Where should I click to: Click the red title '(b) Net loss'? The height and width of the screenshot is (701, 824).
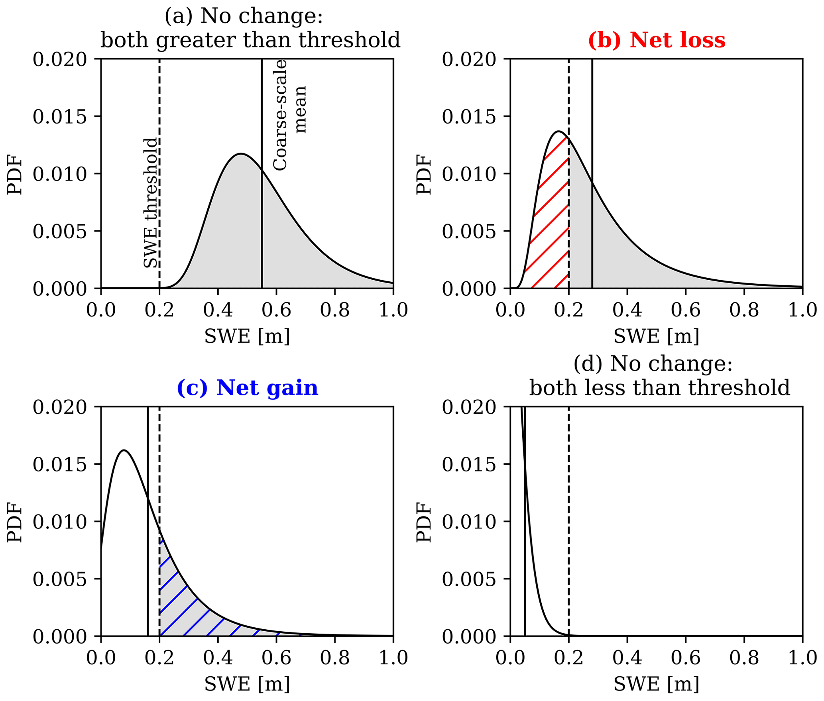(x=656, y=40)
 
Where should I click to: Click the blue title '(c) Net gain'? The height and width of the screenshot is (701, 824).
(x=247, y=388)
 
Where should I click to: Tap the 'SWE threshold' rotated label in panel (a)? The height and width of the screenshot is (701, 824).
(x=151, y=203)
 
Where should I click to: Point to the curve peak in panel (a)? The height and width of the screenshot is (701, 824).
(x=241, y=154)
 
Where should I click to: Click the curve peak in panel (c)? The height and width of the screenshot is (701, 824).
(x=124, y=451)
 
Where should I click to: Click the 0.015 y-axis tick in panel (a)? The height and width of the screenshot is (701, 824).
(x=60, y=117)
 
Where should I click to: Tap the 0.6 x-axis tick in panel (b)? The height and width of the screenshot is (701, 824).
(x=686, y=310)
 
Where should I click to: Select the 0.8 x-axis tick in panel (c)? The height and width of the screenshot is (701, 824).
(x=335, y=658)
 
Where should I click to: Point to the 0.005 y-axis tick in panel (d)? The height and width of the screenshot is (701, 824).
(x=469, y=579)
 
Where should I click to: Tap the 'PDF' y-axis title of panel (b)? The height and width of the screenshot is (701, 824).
(x=424, y=174)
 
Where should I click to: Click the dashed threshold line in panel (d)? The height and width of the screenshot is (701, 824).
(x=568, y=518)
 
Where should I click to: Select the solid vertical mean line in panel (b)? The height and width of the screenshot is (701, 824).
(x=592, y=120)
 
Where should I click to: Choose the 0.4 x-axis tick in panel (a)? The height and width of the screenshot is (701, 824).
(x=218, y=310)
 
